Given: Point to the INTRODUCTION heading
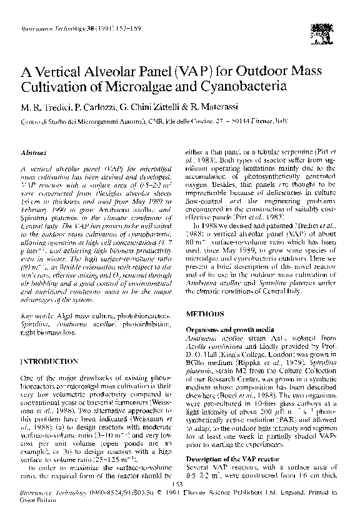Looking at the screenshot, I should click(x=50, y=361).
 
